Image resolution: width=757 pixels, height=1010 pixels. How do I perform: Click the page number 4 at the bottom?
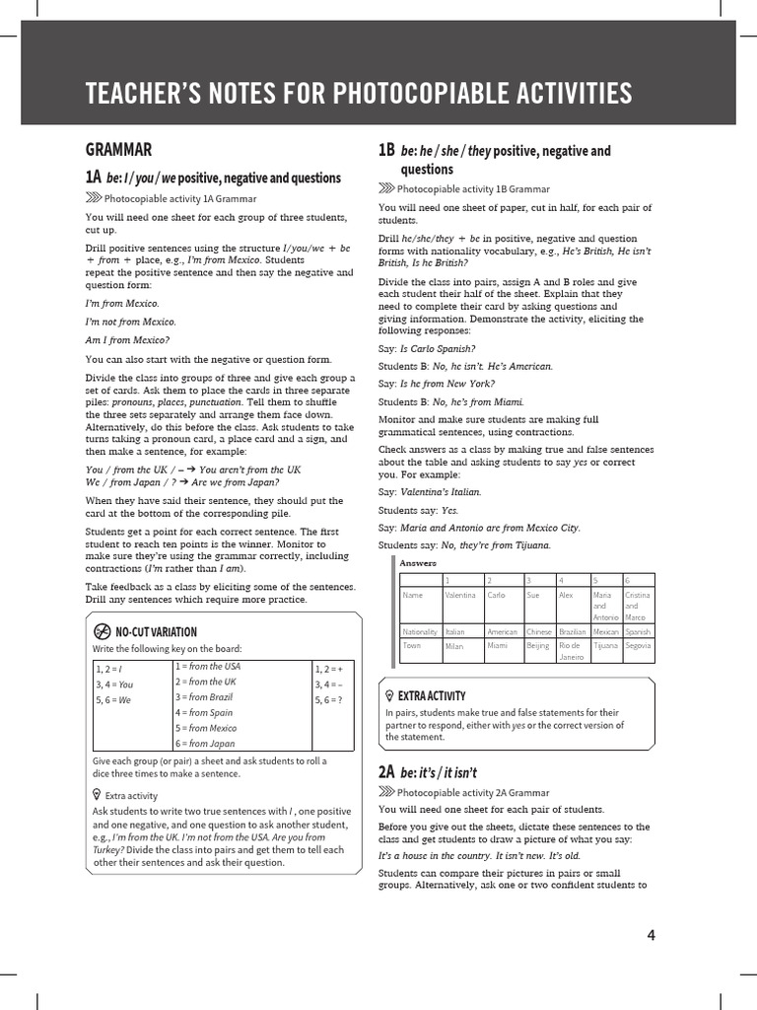point(651,936)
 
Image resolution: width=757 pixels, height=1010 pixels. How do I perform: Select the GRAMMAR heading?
point(118,150)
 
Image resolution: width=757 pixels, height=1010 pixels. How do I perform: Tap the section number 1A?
point(93,178)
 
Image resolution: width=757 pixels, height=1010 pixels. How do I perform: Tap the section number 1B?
point(386,150)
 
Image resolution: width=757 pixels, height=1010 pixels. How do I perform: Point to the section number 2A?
point(386,771)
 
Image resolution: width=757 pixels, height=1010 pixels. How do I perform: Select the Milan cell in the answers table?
point(454,646)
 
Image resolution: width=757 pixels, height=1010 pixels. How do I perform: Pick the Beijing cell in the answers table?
point(537,646)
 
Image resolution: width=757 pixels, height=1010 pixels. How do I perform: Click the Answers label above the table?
point(418,562)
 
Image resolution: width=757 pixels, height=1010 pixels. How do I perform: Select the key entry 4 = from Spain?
point(204,712)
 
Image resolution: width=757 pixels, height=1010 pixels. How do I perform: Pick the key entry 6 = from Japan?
point(205,744)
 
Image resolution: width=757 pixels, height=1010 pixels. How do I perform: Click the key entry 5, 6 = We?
point(112,699)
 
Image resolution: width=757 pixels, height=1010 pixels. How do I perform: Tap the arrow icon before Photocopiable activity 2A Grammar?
point(386,792)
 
